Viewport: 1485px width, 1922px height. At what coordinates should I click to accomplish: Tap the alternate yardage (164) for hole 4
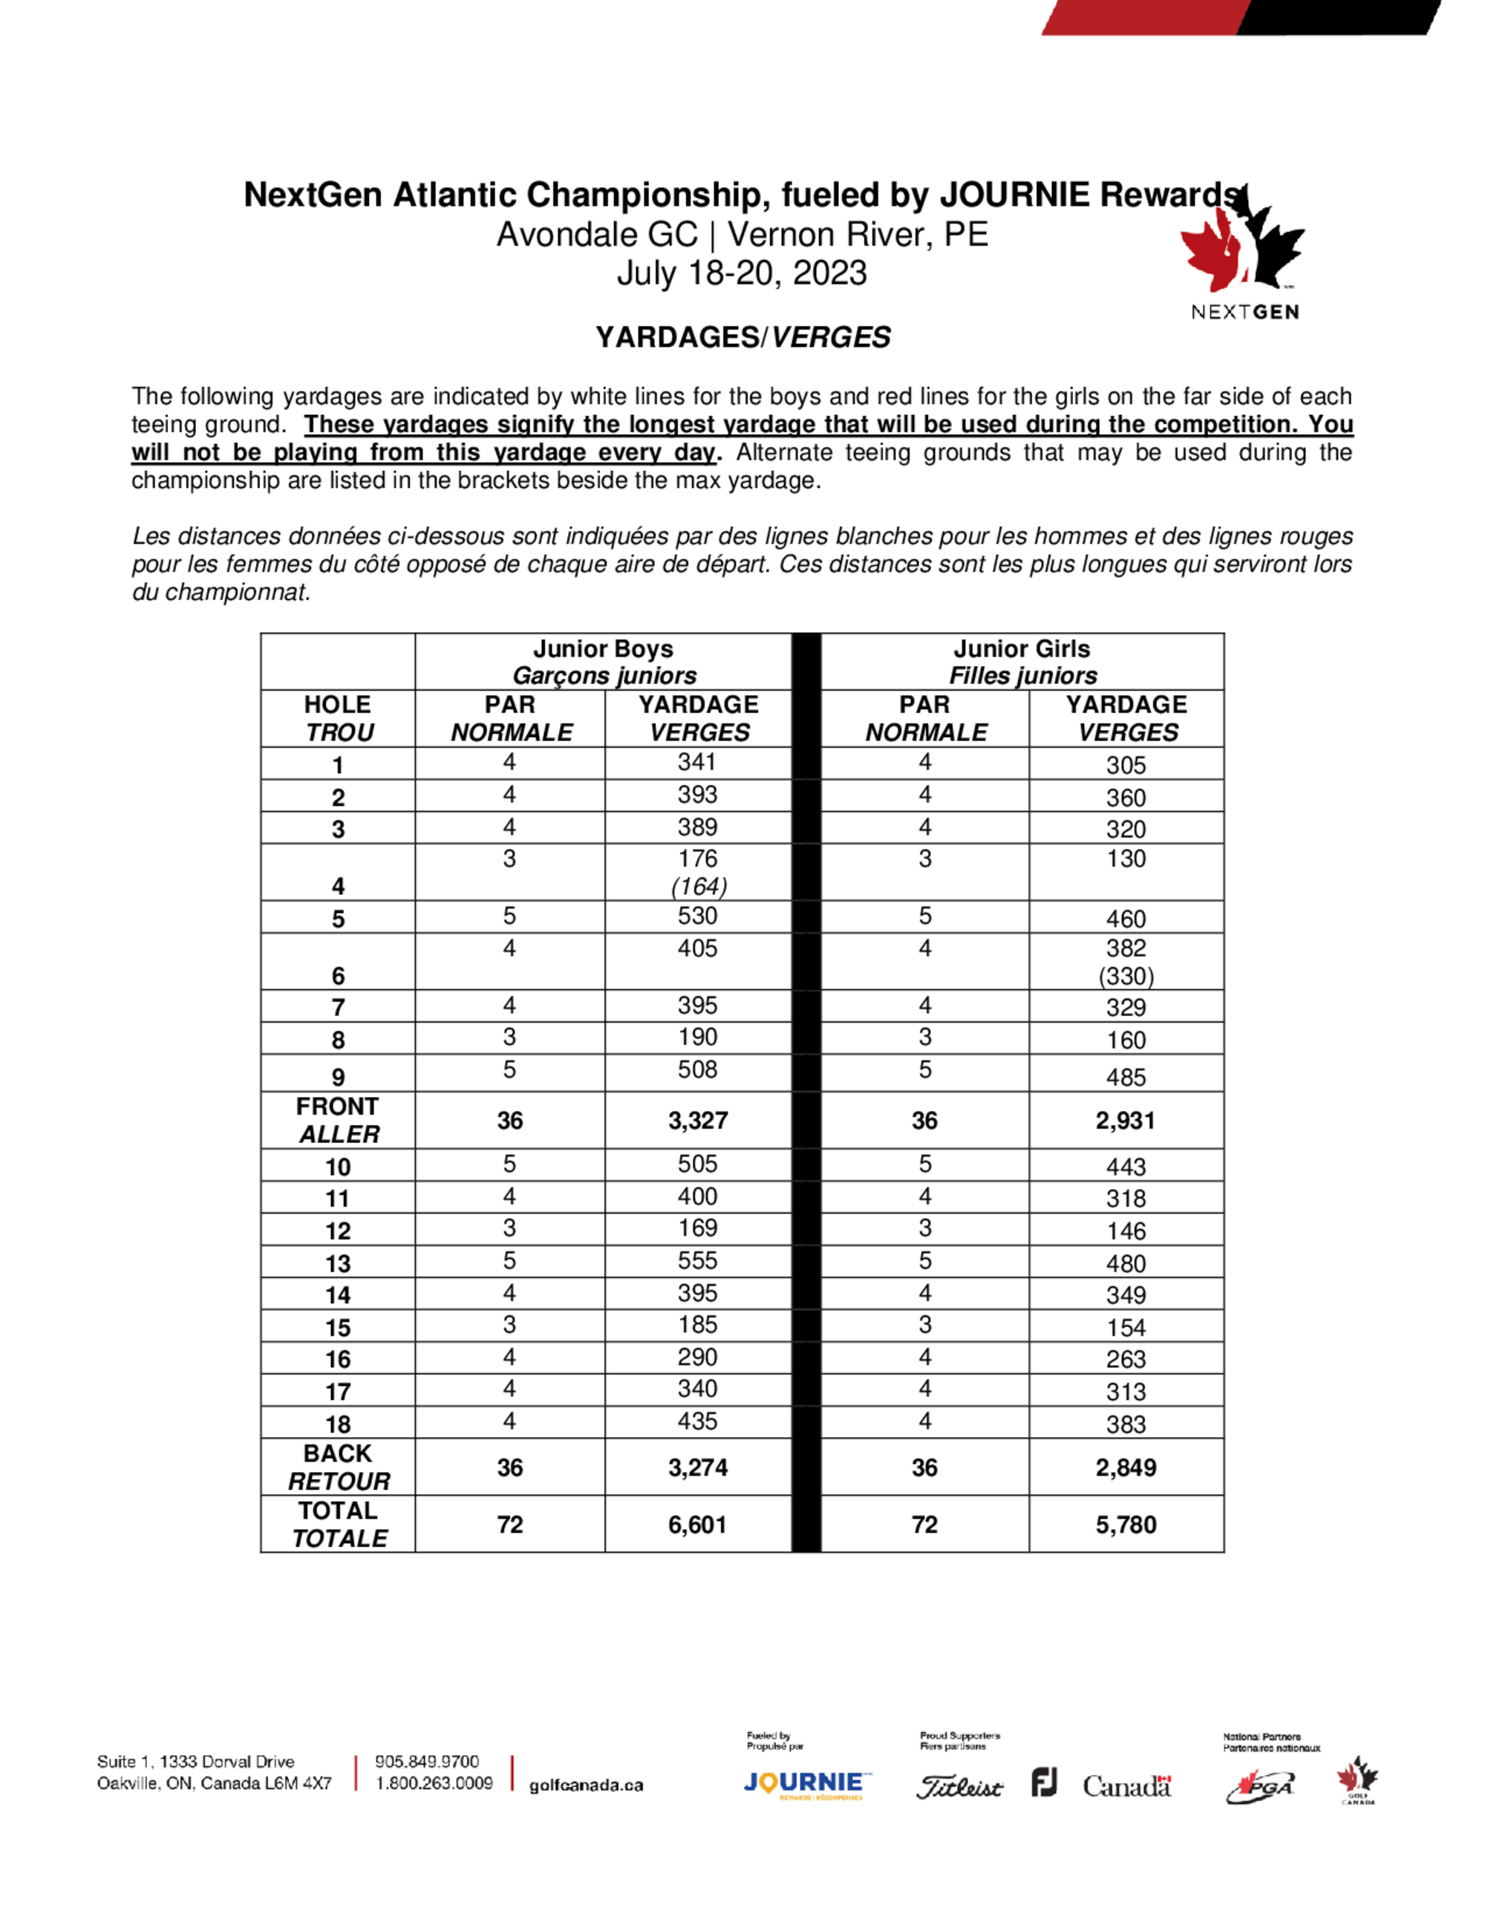coord(699,886)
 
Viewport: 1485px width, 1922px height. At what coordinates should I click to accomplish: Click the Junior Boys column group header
coord(604,662)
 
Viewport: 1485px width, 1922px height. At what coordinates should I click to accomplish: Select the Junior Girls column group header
coord(1022,662)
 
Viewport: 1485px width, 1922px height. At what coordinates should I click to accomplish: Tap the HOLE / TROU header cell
coord(338,718)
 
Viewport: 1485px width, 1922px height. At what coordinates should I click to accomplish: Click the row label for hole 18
coord(338,1424)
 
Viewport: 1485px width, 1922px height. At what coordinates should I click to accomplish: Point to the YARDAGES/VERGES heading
coord(742,337)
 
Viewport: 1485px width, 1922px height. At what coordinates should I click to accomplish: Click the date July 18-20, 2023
coord(742,273)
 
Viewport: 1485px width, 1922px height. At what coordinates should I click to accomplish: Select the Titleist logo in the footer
coord(959,1788)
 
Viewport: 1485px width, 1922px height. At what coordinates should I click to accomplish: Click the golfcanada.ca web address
coord(586,1785)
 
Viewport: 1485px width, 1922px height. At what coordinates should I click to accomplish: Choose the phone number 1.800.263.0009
coord(434,1783)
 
